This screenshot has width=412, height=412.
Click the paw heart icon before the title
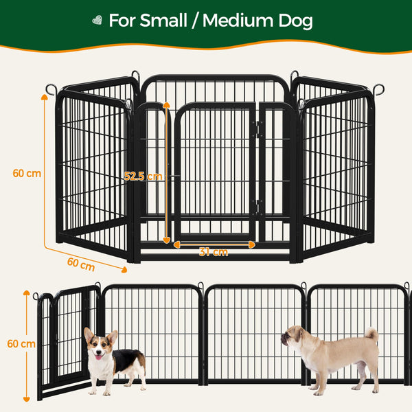coord(97,21)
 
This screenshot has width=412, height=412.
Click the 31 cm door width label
coord(214,253)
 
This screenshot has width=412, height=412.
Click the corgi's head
coord(100,345)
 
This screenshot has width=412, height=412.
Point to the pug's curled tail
coord(371,334)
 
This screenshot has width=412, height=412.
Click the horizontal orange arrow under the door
coord(214,244)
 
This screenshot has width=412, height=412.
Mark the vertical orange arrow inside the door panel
coord(166,172)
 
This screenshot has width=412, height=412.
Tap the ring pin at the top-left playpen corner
coord(51,89)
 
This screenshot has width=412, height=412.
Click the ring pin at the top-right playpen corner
coord(378,90)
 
